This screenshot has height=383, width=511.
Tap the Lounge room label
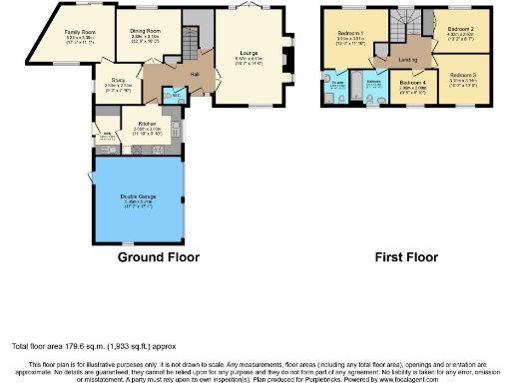click(250, 53)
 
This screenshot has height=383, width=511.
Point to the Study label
click(116, 83)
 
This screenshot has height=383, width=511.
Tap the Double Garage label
click(138, 196)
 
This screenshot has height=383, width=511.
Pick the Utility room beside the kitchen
click(104, 135)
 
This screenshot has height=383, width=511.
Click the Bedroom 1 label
click(349, 33)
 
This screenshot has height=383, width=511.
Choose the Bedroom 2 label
click(460, 29)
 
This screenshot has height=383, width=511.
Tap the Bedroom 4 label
click(412, 83)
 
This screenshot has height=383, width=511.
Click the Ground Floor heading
click(159, 257)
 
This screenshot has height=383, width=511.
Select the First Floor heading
click(406, 257)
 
